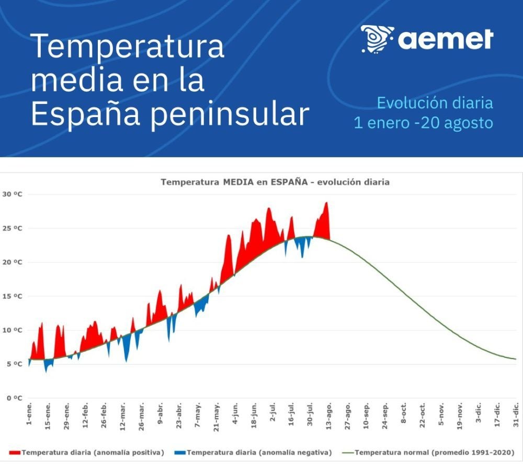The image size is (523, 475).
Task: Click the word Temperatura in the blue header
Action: (128, 46)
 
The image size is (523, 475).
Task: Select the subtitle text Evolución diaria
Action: (435, 102)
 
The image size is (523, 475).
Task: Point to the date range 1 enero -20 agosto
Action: (423, 123)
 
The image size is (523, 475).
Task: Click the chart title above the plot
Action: (275, 182)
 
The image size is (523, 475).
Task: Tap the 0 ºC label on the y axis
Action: (11, 398)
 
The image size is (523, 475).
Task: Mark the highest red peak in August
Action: (327, 203)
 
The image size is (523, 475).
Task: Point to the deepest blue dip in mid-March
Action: (126, 361)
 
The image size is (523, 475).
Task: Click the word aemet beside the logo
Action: (446, 39)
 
